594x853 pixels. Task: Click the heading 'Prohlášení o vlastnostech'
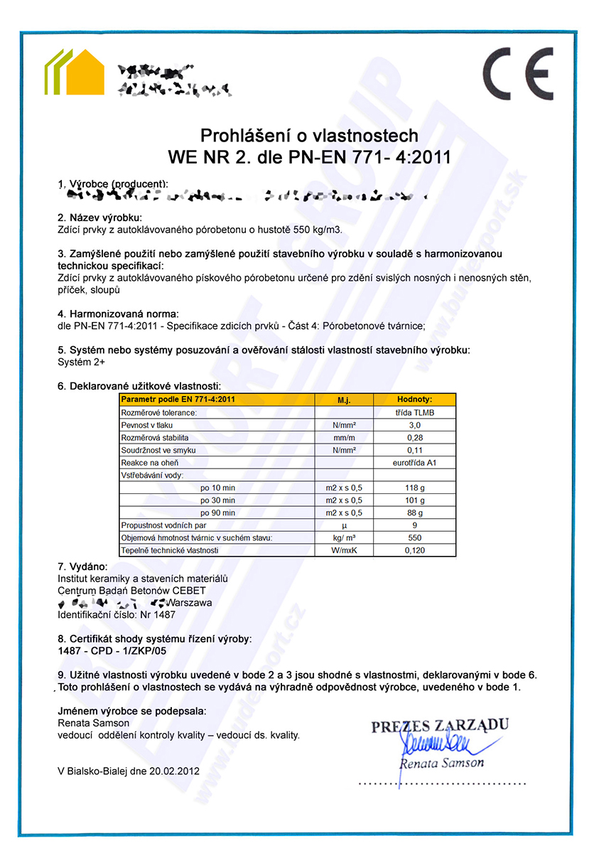point(309,135)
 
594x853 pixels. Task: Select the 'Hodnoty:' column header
point(414,399)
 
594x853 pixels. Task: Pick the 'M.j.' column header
point(344,399)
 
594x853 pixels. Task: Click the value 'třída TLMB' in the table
point(414,412)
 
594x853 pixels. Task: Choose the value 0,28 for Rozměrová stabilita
point(414,437)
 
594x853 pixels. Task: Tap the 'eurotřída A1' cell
point(414,463)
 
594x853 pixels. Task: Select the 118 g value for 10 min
point(414,488)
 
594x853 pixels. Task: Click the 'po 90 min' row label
point(217,513)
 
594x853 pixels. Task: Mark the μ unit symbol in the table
point(344,525)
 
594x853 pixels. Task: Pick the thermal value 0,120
point(414,550)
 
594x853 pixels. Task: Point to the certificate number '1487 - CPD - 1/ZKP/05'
point(112,650)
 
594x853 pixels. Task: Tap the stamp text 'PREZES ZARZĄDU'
point(440,726)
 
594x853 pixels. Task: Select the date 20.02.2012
point(175,771)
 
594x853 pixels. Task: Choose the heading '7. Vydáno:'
point(82,567)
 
